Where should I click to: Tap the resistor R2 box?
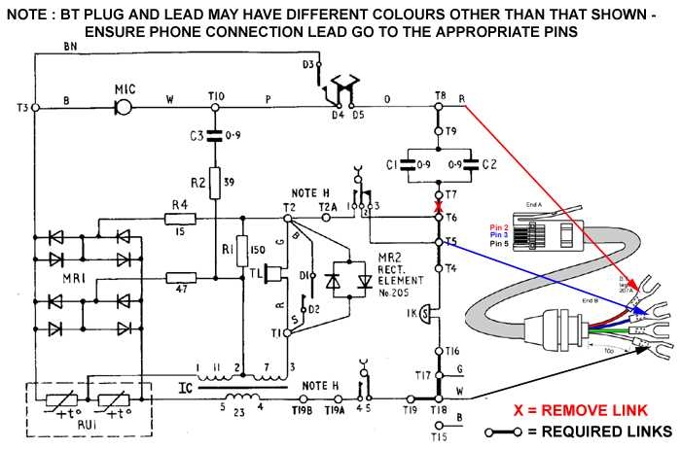pos(216,182)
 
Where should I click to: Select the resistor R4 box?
pos(181,219)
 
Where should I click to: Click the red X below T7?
pos(439,207)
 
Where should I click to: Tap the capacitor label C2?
pos(488,165)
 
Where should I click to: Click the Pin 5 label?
pos(499,243)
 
